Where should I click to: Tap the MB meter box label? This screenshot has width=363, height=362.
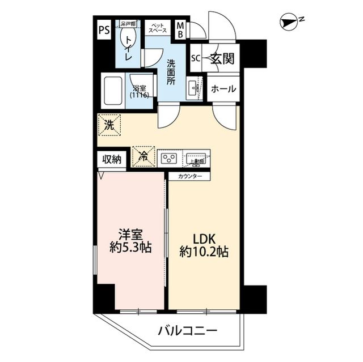tap(180, 29)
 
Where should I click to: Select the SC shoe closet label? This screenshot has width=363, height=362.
tap(196, 58)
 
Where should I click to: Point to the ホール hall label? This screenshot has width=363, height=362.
tap(223, 90)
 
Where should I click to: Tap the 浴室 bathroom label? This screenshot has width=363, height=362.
tap(140, 92)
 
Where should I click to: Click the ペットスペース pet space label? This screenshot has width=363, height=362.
tap(158, 28)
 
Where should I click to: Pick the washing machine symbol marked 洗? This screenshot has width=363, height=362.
tap(108, 125)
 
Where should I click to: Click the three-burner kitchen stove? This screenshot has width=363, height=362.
tap(169, 157)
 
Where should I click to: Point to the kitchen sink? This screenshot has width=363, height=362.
tap(197, 158)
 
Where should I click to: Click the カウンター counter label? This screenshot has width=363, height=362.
tap(189, 176)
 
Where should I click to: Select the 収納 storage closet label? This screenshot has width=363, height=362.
tap(112, 160)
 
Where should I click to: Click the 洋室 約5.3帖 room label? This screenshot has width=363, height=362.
tap(130, 240)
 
